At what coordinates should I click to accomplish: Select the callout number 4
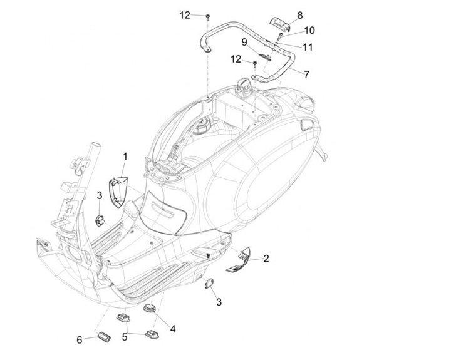pyautogui.click(x=173, y=327)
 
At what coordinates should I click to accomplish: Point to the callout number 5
pyautogui.click(x=124, y=337)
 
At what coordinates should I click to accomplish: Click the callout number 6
pyautogui.click(x=79, y=340)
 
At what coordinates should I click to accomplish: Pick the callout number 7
pyautogui.click(x=306, y=74)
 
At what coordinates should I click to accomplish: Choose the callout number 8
pyautogui.click(x=299, y=14)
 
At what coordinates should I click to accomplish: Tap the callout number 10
pyautogui.click(x=310, y=30)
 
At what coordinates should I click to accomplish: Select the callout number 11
pyautogui.click(x=308, y=47)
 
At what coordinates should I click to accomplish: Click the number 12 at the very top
pyautogui.click(x=185, y=14)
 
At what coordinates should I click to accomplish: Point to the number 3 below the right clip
pyautogui.click(x=219, y=302)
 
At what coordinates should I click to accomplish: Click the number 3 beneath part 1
pyautogui.click(x=99, y=197)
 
